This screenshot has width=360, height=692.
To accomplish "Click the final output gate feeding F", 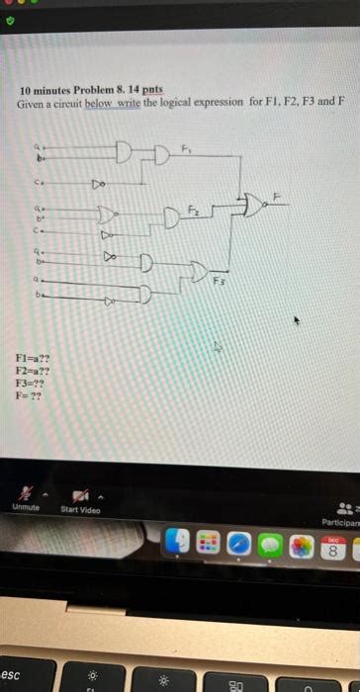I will tap(255, 205).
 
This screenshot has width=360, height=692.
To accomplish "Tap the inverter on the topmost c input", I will tap(98, 183).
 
